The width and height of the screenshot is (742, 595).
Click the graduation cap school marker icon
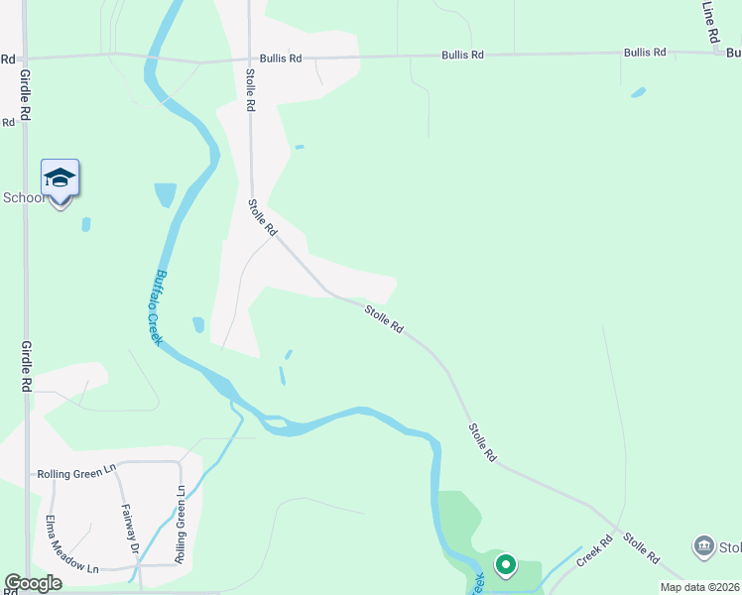click(x=60, y=178)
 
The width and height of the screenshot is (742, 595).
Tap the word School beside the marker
click(x=24, y=197)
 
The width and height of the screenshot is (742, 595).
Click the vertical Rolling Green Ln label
click(x=181, y=525)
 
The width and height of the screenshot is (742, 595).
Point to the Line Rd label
click(x=709, y=20)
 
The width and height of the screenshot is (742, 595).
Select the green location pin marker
click(x=505, y=564)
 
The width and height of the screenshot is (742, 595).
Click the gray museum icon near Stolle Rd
click(x=703, y=545)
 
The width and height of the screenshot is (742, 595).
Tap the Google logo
click(x=33, y=583)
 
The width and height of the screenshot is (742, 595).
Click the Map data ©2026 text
click(x=699, y=587)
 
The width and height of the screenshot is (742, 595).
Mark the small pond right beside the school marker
click(x=86, y=224)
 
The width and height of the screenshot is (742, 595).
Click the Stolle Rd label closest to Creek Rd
click(x=640, y=548)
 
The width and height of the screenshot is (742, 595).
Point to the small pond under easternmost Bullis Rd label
click(x=638, y=93)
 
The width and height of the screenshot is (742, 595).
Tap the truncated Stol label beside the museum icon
click(x=730, y=547)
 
